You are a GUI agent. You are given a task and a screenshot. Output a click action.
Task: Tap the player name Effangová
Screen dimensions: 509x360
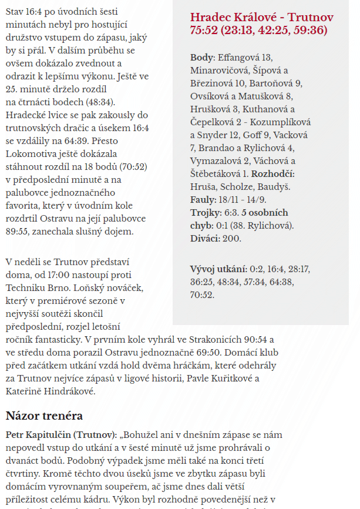coord(239,57)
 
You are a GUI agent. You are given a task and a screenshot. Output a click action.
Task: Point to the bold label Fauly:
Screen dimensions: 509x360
coord(203,199)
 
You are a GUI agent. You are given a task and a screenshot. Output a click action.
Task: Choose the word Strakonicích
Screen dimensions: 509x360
coord(201,339)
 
